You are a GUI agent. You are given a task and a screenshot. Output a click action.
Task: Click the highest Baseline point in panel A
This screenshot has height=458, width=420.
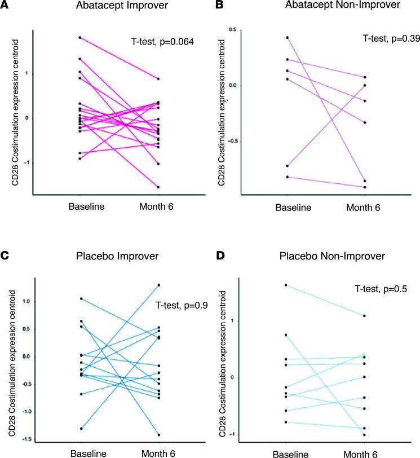[x=80, y=38]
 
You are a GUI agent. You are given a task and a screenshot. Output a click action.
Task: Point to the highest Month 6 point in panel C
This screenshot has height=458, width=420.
[x=160, y=285]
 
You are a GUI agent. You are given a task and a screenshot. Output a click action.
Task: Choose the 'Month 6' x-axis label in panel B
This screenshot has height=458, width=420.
[x=364, y=208]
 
